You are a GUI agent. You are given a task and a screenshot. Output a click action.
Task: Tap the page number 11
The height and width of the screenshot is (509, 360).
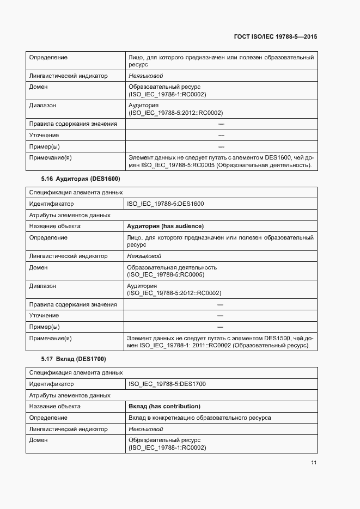coord(314,463)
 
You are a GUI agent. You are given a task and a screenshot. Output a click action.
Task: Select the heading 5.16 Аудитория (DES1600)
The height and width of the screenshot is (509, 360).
coord(81,179)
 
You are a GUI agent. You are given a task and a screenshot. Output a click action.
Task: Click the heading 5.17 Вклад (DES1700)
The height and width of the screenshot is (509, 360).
coord(74,359)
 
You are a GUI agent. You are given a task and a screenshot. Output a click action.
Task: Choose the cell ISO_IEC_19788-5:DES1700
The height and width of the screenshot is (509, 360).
coord(167,384)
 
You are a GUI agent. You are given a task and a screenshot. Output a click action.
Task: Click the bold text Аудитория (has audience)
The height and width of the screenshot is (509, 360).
coord(165,226)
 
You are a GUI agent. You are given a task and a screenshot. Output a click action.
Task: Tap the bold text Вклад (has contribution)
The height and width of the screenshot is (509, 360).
coord(164,406)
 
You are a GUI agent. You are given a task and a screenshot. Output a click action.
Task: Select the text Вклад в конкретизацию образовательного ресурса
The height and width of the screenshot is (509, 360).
coord(199,418)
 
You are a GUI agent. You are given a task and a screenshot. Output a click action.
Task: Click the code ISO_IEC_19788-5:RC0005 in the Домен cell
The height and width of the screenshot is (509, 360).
coord(166,274)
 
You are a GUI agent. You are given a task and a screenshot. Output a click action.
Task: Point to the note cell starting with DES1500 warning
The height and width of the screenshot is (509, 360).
coord(219,342)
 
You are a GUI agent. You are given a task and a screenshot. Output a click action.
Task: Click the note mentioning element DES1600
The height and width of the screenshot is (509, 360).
coord(221,161)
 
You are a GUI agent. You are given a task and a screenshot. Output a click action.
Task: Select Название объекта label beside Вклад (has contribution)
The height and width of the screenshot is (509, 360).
coord(55,406)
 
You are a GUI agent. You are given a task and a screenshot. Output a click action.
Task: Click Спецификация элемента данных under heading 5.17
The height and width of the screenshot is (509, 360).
coord(76,372)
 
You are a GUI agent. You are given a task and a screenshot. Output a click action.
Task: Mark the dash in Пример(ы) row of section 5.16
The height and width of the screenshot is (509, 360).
coord(221,327)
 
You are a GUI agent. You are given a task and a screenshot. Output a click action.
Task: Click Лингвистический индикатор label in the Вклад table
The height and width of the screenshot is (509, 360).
coord(68,429)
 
